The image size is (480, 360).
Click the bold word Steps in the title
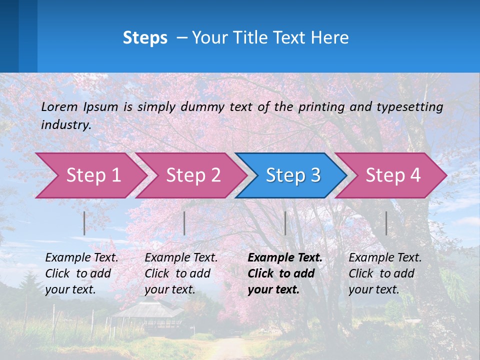145,38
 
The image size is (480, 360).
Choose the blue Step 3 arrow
292,175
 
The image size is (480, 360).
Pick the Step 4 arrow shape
392,175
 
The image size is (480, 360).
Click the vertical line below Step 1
84,223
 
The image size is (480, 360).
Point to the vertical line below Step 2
184,223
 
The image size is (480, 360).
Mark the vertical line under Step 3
285,223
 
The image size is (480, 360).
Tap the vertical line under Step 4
386,223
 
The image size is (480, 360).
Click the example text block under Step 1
81,273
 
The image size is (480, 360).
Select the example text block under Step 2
181,273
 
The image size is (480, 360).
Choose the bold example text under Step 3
285,273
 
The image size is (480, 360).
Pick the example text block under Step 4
385,273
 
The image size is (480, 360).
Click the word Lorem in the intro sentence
59,107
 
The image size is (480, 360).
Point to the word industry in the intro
66,125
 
